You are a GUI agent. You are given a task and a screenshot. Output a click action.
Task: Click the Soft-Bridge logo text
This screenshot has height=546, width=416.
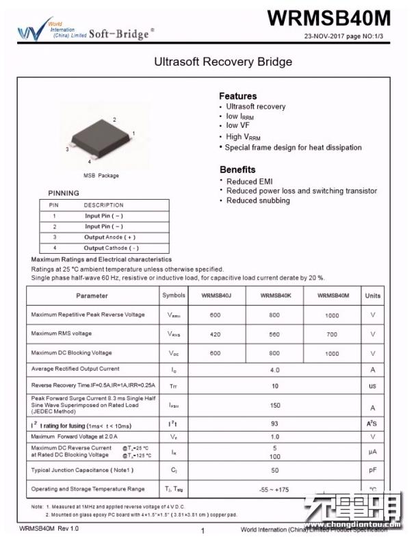tap(121, 32)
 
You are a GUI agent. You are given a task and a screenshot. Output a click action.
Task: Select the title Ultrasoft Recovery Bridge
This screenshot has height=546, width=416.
tap(223, 62)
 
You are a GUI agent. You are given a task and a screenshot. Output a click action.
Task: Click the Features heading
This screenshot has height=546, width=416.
tap(237, 96)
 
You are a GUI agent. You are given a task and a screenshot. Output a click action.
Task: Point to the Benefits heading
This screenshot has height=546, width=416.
tap(237, 169)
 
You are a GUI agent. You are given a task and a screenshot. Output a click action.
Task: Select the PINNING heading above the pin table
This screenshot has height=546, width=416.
tap(64, 193)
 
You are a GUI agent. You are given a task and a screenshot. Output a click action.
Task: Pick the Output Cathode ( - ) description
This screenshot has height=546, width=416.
tap(112, 248)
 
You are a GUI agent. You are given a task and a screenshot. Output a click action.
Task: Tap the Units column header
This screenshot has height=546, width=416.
tap(372, 296)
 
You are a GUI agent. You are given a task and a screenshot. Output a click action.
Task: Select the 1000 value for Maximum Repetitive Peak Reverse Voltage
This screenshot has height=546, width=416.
tap(332, 315)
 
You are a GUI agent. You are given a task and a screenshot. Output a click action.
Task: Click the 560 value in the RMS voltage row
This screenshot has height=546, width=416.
tap(274, 334)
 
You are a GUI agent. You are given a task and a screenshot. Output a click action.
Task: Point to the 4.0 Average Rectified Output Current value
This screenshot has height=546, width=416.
tap(275, 369)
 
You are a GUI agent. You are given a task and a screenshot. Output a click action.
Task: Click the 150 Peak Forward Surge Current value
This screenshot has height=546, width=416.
tap(275, 405)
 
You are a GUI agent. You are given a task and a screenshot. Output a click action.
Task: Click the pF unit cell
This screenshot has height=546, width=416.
tap(372, 471)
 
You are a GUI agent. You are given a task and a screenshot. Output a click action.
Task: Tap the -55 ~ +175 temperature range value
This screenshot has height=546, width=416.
tap(275, 489)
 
